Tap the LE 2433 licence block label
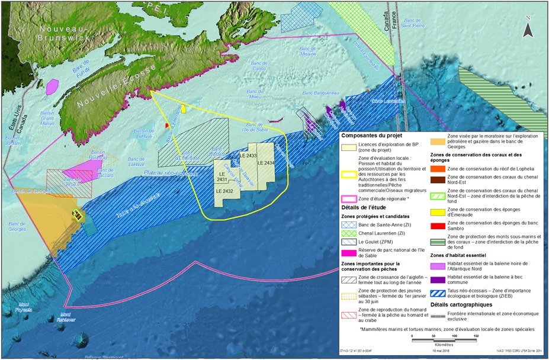[x=248, y=155]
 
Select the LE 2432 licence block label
[x=225, y=191]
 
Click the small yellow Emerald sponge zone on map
[x=184, y=108]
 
